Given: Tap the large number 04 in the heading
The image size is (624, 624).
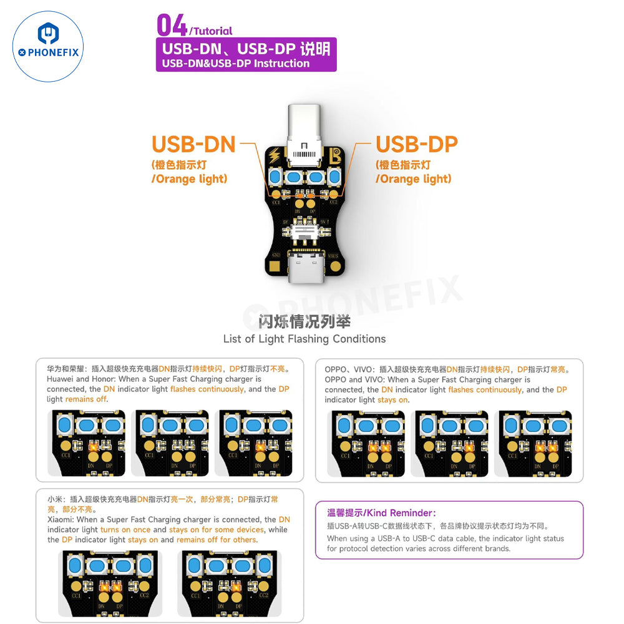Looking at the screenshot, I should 172,26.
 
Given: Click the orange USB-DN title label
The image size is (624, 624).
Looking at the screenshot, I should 193,144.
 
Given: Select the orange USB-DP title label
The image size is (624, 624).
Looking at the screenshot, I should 416,144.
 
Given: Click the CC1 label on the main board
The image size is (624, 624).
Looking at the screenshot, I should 276,202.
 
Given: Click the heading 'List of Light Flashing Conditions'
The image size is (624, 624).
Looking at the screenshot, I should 305,339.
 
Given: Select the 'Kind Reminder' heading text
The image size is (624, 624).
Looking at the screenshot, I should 382,513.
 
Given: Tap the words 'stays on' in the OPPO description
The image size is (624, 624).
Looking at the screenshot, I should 393,400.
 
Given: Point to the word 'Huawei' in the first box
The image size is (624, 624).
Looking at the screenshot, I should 60,379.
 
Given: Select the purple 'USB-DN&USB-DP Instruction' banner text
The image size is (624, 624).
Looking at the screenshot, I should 236,63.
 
